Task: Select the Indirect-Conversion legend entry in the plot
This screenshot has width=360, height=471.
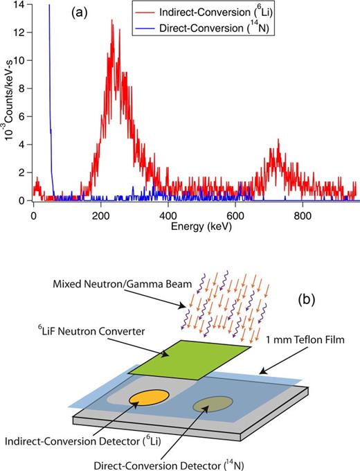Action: [277, 14]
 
